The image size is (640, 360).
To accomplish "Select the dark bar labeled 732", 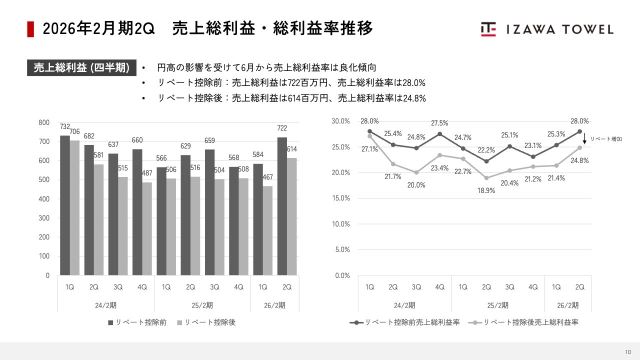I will click(x=64, y=205).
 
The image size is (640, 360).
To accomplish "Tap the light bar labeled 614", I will click(x=291, y=216).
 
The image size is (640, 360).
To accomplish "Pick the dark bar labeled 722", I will click(x=282, y=206).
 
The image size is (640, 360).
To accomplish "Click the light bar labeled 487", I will click(x=146, y=228).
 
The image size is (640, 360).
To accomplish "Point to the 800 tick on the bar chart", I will click(x=44, y=122).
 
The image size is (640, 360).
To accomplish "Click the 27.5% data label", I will click(x=439, y=123).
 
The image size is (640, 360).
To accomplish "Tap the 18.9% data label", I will click(x=486, y=190).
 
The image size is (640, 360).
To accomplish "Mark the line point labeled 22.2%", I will click(x=486, y=161).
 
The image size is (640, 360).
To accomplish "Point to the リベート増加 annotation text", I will click(x=606, y=139).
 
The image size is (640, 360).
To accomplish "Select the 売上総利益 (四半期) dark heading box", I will click(x=81, y=68).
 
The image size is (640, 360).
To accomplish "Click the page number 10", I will click(x=628, y=351).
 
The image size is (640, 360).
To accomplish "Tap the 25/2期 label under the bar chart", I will click(x=202, y=305).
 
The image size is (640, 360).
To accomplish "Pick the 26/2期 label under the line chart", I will click(x=568, y=305).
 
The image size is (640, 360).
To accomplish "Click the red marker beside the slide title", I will click(x=30, y=29).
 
